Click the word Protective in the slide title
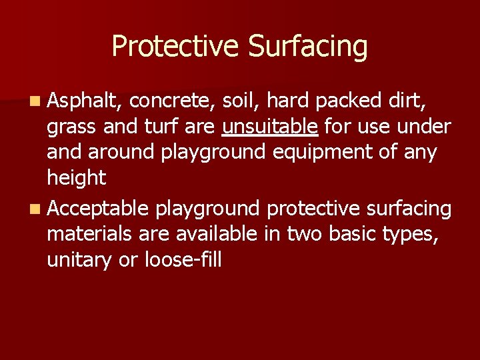pyautogui.click(x=175, y=47)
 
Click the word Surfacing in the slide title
pyautogui.click(x=307, y=47)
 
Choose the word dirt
pyautogui.click(x=412, y=101)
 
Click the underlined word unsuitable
pyautogui.click(x=271, y=127)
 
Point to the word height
pyautogui.click(x=76, y=179)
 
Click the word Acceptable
pyautogui.click(x=98, y=209)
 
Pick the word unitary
pyautogui.click(x=79, y=260)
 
